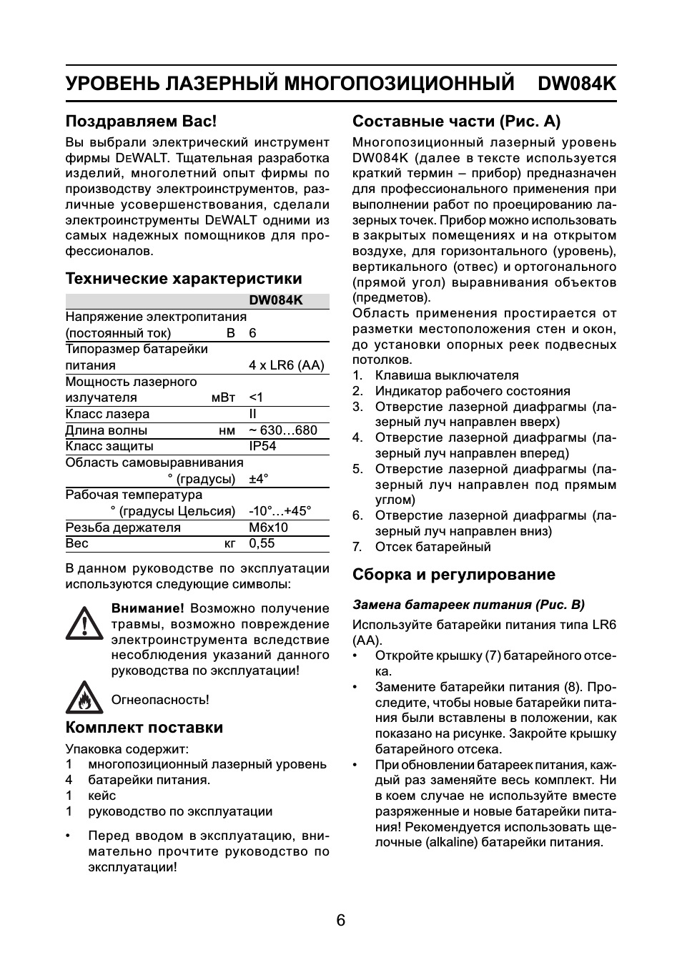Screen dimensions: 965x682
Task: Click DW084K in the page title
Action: point(576,84)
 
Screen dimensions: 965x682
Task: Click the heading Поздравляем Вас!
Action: point(141,122)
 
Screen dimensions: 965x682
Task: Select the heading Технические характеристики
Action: point(184,279)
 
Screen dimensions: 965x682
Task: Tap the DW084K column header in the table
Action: point(276,301)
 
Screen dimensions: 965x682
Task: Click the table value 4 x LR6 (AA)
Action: point(286,365)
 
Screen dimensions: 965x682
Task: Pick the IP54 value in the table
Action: point(262,446)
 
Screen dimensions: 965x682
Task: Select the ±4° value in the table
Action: point(258,479)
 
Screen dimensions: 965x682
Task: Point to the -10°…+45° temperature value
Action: point(280,511)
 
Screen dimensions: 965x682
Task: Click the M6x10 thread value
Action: point(268,528)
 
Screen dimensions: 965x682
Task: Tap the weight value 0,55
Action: point(262,543)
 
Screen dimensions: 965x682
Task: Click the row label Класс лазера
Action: point(107,414)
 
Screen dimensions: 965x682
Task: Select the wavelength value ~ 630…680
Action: point(282,430)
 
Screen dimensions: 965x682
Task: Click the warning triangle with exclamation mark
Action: point(84,624)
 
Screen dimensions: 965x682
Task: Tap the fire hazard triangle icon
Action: point(84,698)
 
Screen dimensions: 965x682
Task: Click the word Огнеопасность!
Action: point(160,700)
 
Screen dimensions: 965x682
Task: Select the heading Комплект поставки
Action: point(144,728)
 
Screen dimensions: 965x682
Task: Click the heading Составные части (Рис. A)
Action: point(456,122)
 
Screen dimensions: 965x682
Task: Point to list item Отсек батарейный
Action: point(433,547)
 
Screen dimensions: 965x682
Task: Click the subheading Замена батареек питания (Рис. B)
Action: point(468,605)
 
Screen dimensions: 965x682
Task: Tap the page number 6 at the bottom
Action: point(341,921)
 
